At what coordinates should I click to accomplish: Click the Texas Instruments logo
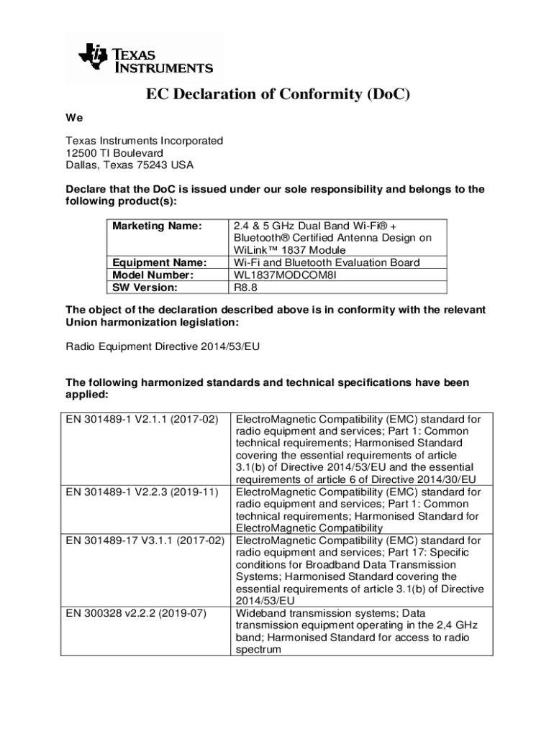[145, 58]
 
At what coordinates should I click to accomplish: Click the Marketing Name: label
[157, 226]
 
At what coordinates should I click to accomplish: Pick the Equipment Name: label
[160, 262]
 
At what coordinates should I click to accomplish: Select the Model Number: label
[153, 275]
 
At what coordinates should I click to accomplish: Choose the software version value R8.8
[245, 287]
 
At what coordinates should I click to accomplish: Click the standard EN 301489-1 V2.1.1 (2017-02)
[142, 419]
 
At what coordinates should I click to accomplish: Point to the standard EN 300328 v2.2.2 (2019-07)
[136, 613]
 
